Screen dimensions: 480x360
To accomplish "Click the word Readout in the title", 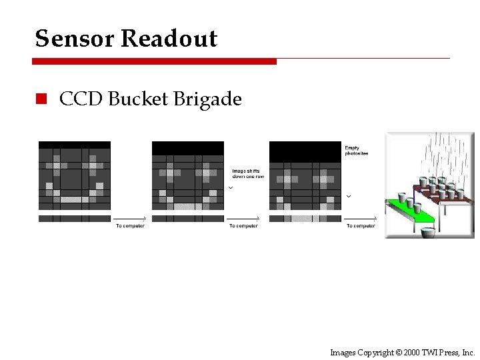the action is [x=169, y=39].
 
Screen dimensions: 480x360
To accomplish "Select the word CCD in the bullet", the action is [x=81, y=99].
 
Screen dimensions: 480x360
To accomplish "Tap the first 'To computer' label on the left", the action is [x=129, y=226].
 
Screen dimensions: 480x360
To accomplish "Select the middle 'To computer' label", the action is [x=243, y=226].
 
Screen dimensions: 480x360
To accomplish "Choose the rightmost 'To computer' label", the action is [x=361, y=226].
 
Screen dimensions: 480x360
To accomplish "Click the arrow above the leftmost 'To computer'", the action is [x=129, y=219].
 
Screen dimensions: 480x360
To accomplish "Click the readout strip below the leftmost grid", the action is [x=75, y=218].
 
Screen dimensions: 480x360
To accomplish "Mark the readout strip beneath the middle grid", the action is [x=188, y=218].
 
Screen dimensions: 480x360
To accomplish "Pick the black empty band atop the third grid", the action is [x=305, y=151].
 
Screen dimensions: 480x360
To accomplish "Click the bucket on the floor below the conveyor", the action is [x=427, y=233].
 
